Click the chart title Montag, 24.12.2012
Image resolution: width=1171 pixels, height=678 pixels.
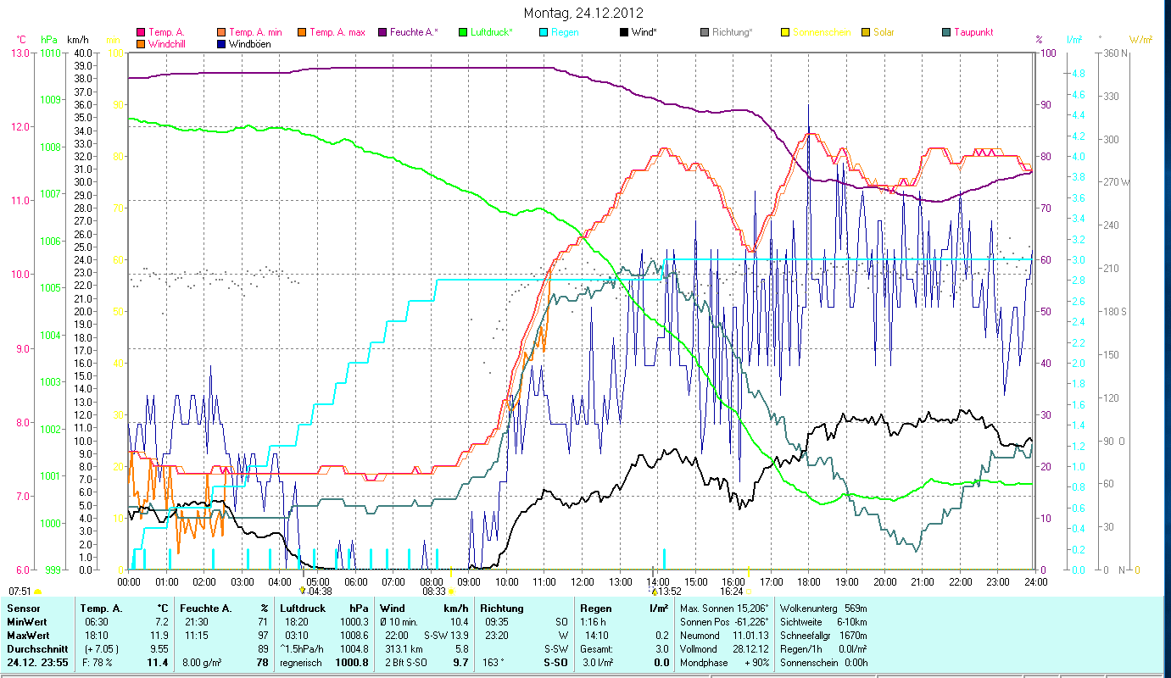[x=583, y=13]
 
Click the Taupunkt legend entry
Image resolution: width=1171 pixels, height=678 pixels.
[x=973, y=32]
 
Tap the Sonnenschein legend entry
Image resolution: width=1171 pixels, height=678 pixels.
[x=821, y=32]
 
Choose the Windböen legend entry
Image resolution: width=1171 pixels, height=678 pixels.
[x=250, y=43]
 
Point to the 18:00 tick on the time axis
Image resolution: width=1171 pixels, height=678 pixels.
[x=809, y=581]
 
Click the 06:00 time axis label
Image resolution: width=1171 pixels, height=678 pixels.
[x=355, y=581]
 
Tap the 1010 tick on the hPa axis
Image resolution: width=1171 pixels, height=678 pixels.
[x=49, y=53]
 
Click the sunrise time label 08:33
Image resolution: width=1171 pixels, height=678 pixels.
[x=433, y=592]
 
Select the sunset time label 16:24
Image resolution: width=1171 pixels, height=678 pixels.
[x=732, y=592]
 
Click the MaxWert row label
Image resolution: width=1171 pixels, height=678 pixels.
[x=25, y=635]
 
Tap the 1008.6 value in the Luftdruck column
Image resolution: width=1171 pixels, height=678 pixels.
[x=354, y=635]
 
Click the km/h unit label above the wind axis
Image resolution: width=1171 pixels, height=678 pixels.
[x=77, y=40]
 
